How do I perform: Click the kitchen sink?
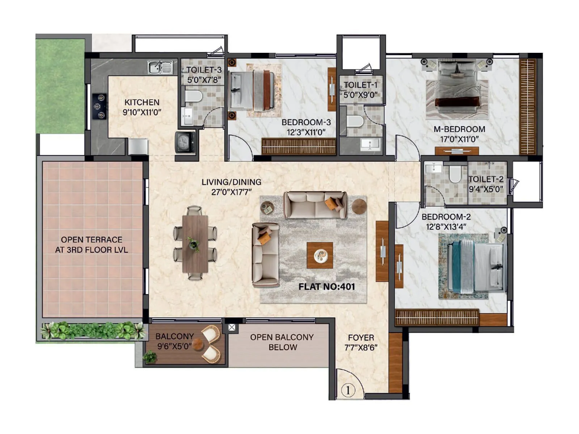pyautogui.click(x=160, y=68)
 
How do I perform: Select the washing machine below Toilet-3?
pyautogui.click(x=185, y=142)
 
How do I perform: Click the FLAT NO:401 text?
pyautogui.click(x=326, y=287)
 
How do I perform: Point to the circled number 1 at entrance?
pyautogui.click(x=348, y=391)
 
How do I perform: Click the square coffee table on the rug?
pyautogui.click(x=320, y=255)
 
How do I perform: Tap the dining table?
pyautogui.click(x=195, y=244)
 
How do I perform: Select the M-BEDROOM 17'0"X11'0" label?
pyautogui.click(x=459, y=134)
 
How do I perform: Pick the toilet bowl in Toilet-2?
pyautogui.click(x=455, y=174)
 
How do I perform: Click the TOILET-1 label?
pyautogui.click(x=360, y=85)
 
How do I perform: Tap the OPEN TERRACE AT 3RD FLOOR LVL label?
pyautogui.click(x=92, y=244)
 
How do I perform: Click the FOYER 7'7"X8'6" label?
pyautogui.click(x=361, y=342)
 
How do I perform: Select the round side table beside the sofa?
pyautogui.click(x=359, y=206)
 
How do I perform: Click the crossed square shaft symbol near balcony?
pyautogui.click(x=232, y=328)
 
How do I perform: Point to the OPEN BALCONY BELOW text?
pyautogui.click(x=282, y=342)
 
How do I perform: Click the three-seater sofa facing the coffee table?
pyautogui.click(x=315, y=205)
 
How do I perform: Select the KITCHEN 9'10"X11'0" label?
pyautogui.click(x=142, y=107)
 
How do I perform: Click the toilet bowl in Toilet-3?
pyautogui.click(x=194, y=96)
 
